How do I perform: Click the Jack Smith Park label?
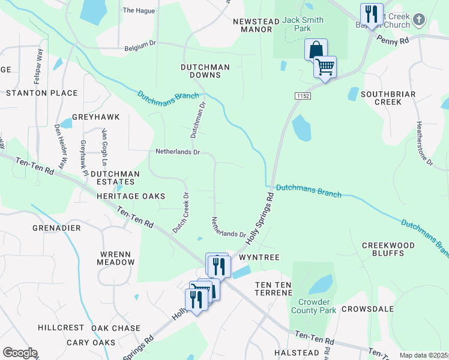pos(303,24)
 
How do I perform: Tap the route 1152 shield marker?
pos(302,96)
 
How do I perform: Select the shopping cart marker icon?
pos(325,67)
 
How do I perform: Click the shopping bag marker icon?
pos(316,50)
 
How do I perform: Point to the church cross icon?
pos(419,21)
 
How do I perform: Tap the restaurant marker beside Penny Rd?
pos(372,14)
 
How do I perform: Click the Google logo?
pos(20,353)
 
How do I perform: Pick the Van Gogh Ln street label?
pos(104,147)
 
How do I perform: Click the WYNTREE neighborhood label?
pos(259,257)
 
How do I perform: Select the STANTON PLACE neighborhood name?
pos(42,93)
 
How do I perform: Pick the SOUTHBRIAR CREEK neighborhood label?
pos(379,98)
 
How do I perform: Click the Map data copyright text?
pos(424,355)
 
